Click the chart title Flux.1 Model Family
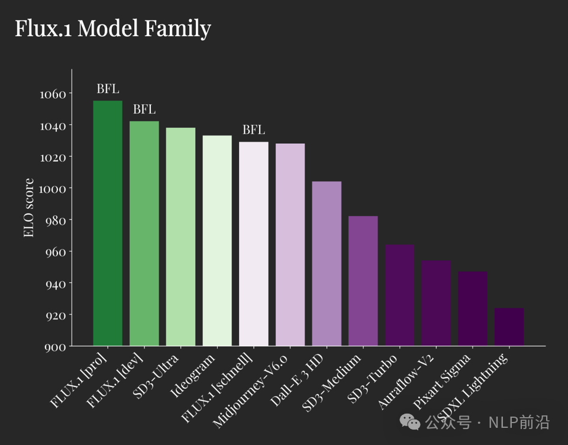112,28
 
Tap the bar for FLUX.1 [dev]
144,233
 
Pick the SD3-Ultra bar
180,237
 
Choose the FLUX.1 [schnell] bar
254,243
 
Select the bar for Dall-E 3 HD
327,263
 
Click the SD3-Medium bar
363,280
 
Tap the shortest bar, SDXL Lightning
509,327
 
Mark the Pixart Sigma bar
473,308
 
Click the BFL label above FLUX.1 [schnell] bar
254,130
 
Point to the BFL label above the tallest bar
108,89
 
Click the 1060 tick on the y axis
53,93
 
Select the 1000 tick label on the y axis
53,188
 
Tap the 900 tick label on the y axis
56,347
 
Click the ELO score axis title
28,208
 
